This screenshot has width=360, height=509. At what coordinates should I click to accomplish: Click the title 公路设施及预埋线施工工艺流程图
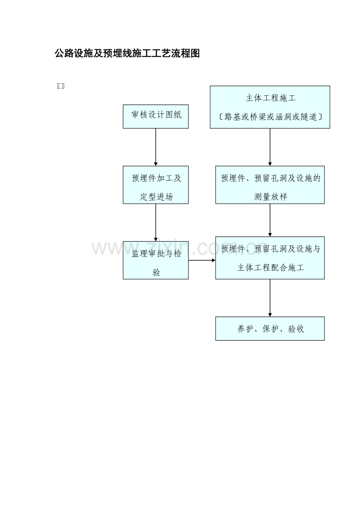point(127,54)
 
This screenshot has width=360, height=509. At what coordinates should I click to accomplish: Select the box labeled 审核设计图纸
point(156,116)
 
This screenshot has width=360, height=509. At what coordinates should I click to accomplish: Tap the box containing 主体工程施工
point(270,107)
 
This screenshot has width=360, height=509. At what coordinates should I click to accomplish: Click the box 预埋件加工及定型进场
point(156,185)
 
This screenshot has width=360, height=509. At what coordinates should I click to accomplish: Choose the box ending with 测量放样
point(270,185)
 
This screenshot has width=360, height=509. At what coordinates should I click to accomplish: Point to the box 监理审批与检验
point(156,260)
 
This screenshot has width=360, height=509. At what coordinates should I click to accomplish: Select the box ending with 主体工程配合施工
point(270,258)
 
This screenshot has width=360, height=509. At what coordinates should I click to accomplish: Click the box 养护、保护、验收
point(270,328)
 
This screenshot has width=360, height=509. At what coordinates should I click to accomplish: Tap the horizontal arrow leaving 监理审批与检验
point(202,260)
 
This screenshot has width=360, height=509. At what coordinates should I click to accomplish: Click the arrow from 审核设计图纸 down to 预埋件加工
point(156,147)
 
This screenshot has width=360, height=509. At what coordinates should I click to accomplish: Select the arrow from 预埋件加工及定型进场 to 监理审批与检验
point(156,222)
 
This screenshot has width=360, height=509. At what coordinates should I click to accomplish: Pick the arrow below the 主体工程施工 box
point(270,147)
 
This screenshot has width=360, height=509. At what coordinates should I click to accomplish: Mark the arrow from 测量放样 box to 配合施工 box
point(270,220)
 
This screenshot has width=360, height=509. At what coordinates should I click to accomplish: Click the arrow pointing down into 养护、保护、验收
point(270,298)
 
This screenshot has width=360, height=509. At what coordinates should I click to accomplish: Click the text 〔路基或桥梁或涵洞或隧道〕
point(270,117)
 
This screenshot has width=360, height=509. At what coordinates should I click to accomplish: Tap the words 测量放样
point(271,197)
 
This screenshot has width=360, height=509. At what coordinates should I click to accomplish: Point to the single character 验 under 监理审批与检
point(156,272)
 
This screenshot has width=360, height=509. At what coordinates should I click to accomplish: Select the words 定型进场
point(156,197)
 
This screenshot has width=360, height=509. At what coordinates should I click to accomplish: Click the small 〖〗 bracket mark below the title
point(61,86)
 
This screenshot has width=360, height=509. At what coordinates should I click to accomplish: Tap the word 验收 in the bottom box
point(296,329)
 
